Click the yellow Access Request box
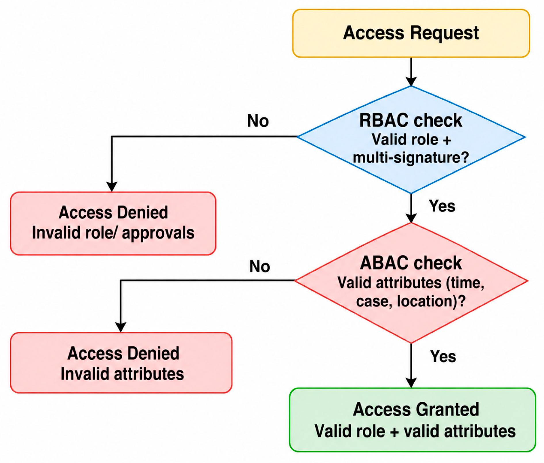point(411,33)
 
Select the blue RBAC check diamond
point(411,140)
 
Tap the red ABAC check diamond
point(411,283)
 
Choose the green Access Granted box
point(412,420)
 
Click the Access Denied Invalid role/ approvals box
point(113,223)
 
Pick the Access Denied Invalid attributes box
point(121,363)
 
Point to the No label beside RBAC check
point(258,121)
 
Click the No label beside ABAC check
point(259,266)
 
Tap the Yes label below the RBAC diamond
point(442,206)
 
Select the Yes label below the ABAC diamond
point(443,356)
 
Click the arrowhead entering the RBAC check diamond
point(411,81)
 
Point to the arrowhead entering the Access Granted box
point(411,383)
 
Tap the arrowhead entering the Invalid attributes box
point(121,327)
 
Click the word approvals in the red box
point(158,233)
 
